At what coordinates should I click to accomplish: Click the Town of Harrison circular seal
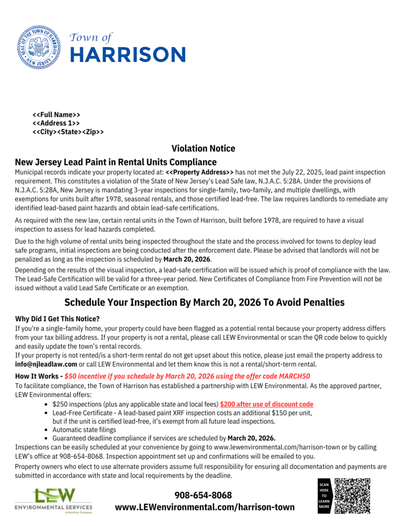39,47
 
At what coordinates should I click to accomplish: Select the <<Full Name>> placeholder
56,115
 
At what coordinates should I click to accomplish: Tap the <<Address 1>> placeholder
56,123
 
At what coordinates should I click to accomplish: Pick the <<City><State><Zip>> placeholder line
68,132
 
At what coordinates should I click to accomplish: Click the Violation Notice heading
203,148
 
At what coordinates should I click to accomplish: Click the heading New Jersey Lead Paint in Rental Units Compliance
116,162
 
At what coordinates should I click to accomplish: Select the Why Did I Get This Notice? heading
57,319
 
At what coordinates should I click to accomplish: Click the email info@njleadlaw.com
46,364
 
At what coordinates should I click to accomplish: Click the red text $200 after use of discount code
267,404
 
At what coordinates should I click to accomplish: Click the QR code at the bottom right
353,495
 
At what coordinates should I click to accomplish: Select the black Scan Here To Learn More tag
324,496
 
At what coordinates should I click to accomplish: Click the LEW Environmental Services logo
54,500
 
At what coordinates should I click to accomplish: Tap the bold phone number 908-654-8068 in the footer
203,495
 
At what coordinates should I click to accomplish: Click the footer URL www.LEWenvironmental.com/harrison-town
205,507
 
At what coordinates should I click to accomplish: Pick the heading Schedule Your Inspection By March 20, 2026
204,302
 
